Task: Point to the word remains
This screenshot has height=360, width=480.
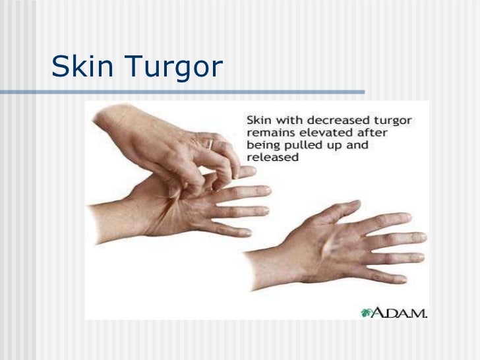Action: [268, 134]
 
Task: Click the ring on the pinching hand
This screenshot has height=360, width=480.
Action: [209, 143]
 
